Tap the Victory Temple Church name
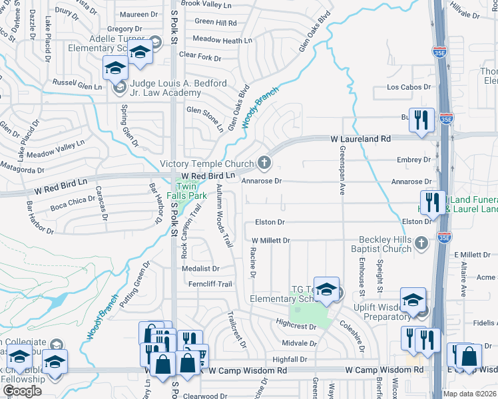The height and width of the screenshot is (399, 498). click(x=208, y=164)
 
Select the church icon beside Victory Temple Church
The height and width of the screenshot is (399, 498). click(x=264, y=162)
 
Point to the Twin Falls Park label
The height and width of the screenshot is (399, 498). click(x=191, y=192)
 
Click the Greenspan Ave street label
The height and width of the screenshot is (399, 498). click(x=343, y=170)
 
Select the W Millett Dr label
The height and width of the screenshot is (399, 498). click(x=271, y=240)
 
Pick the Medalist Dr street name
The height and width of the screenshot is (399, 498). click(x=200, y=269)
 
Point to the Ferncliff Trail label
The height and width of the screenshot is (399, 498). click(x=209, y=285)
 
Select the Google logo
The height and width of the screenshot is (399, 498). click(x=22, y=391)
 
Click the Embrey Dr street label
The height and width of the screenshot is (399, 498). click(x=413, y=160)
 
